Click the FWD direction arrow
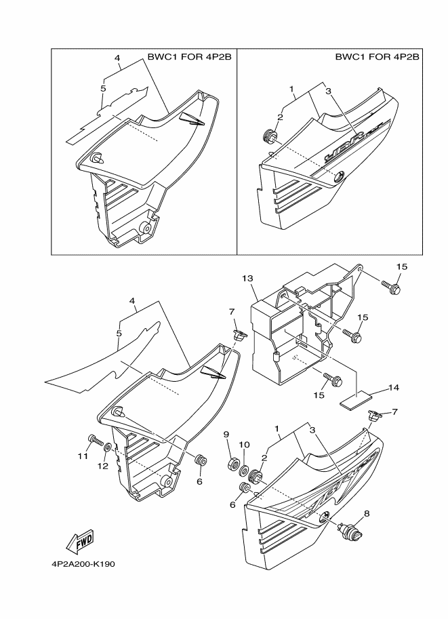[79, 541]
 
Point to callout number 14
[394, 388]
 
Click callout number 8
[367, 514]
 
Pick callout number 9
[226, 435]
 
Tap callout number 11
[83, 457]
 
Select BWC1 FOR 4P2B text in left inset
[189, 58]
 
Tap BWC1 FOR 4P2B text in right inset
[377, 58]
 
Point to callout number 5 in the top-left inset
[103, 88]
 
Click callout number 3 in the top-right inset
[327, 91]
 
